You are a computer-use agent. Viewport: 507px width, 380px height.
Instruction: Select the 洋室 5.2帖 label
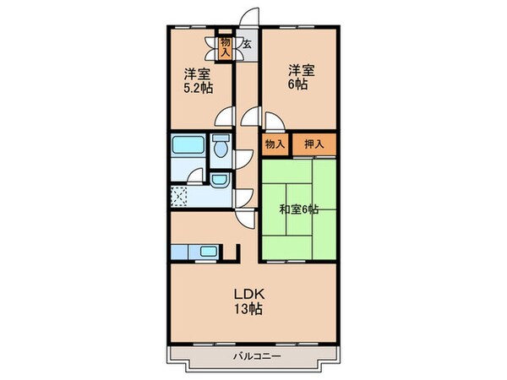[x=199, y=79]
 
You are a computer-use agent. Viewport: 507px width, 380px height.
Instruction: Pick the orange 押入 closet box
[x=314, y=144]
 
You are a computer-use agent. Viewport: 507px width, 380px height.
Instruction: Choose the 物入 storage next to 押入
[x=275, y=144]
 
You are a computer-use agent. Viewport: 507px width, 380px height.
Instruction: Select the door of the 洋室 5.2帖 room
[x=224, y=117]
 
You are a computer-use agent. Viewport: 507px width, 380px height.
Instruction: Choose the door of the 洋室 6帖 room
[x=251, y=117]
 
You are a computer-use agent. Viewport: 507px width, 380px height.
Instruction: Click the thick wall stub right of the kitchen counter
[x=240, y=252]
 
